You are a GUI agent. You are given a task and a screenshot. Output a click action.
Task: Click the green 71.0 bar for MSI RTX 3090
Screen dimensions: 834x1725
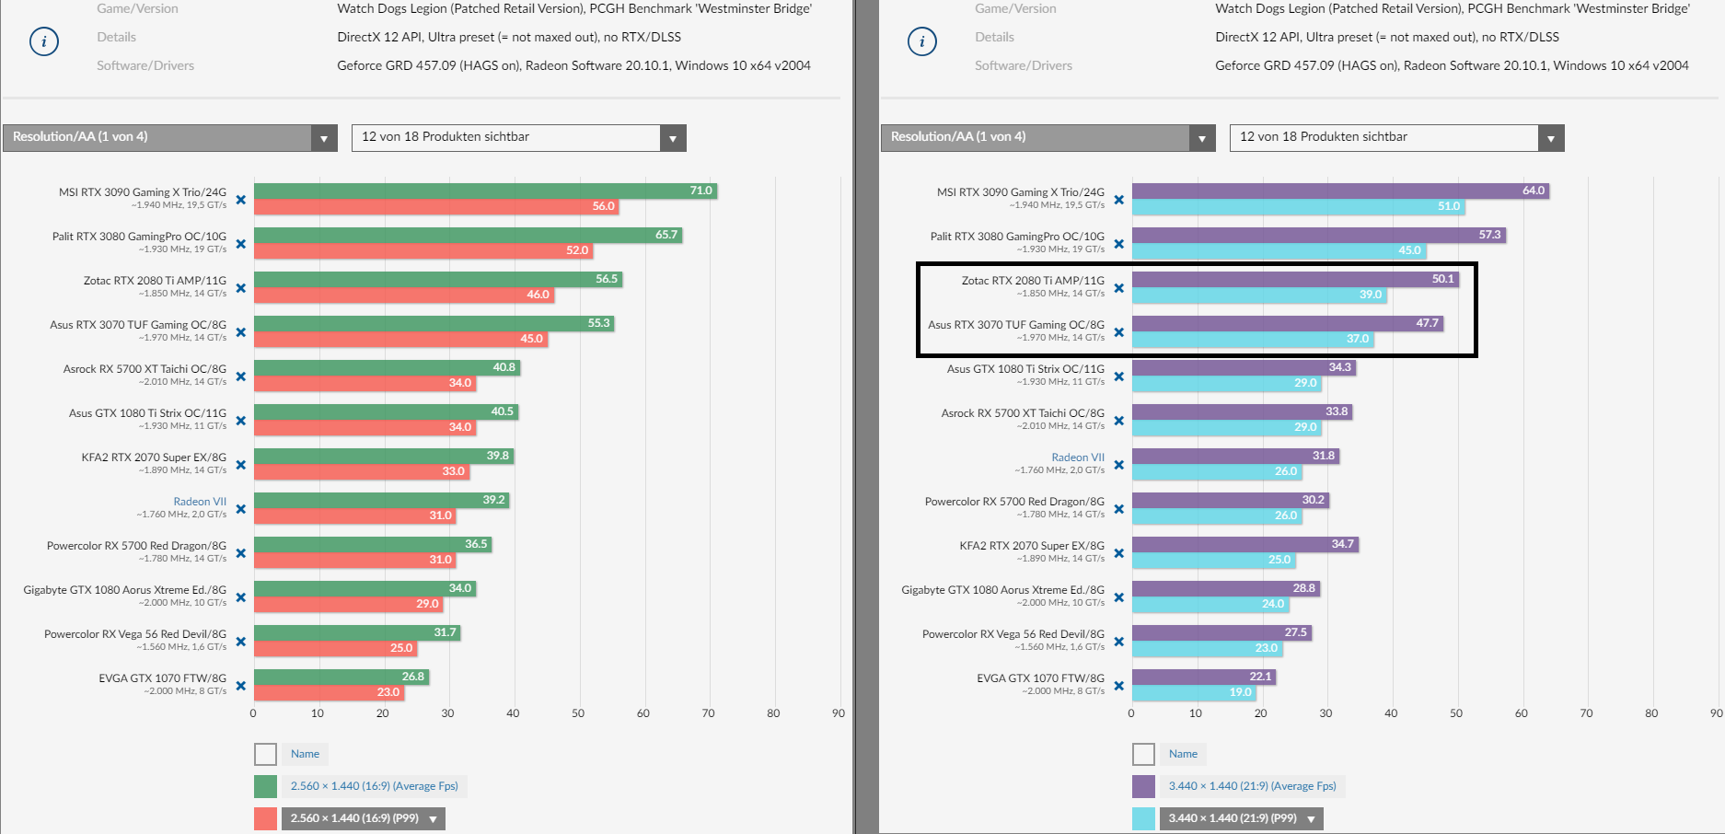tap(485, 191)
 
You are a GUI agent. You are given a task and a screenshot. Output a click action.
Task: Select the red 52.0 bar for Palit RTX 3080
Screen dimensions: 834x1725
tap(423, 250)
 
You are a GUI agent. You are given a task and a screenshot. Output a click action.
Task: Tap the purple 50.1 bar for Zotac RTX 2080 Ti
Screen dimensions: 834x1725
tap(1294, 279)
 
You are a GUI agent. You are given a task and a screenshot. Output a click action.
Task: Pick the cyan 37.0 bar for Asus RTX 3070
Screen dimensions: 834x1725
tap(1252, 339)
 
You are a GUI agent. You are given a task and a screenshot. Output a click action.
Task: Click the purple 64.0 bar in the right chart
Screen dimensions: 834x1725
tap(1340, 191)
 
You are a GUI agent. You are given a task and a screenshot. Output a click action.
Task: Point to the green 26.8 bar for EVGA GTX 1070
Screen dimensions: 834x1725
tap(341, 677)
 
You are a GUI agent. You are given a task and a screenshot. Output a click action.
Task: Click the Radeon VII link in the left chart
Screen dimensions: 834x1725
tap(200, 502)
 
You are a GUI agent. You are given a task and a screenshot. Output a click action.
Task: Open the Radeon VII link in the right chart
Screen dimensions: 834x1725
tap(1078, 458)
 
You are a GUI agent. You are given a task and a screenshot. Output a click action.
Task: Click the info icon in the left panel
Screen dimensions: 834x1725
tap(44, 41)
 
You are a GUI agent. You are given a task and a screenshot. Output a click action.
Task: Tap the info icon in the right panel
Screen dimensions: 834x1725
tap(922, 41)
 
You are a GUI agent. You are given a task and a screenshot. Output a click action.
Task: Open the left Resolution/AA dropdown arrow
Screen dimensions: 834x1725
tap(323, 138)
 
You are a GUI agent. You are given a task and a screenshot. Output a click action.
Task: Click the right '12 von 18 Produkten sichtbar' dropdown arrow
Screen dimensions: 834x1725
tap(1551, 138)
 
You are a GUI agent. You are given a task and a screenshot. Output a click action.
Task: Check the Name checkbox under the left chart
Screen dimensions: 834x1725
tap(265, 755)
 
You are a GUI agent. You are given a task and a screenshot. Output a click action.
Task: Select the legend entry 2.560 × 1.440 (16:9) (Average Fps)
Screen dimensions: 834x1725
tap(374, 786)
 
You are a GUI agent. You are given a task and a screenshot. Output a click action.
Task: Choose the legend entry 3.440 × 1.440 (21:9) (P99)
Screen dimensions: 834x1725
tap(1233, 818)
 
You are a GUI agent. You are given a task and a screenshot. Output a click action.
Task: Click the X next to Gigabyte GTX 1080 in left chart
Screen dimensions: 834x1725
tap(241, 597)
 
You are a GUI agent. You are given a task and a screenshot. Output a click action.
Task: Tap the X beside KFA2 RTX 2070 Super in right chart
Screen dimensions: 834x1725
tap(1119, 553)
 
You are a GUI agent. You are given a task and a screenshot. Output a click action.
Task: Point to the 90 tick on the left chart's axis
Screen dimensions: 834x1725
tap(838, 713)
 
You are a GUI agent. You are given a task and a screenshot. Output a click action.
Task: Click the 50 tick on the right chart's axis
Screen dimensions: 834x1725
tap(1456, 713)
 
